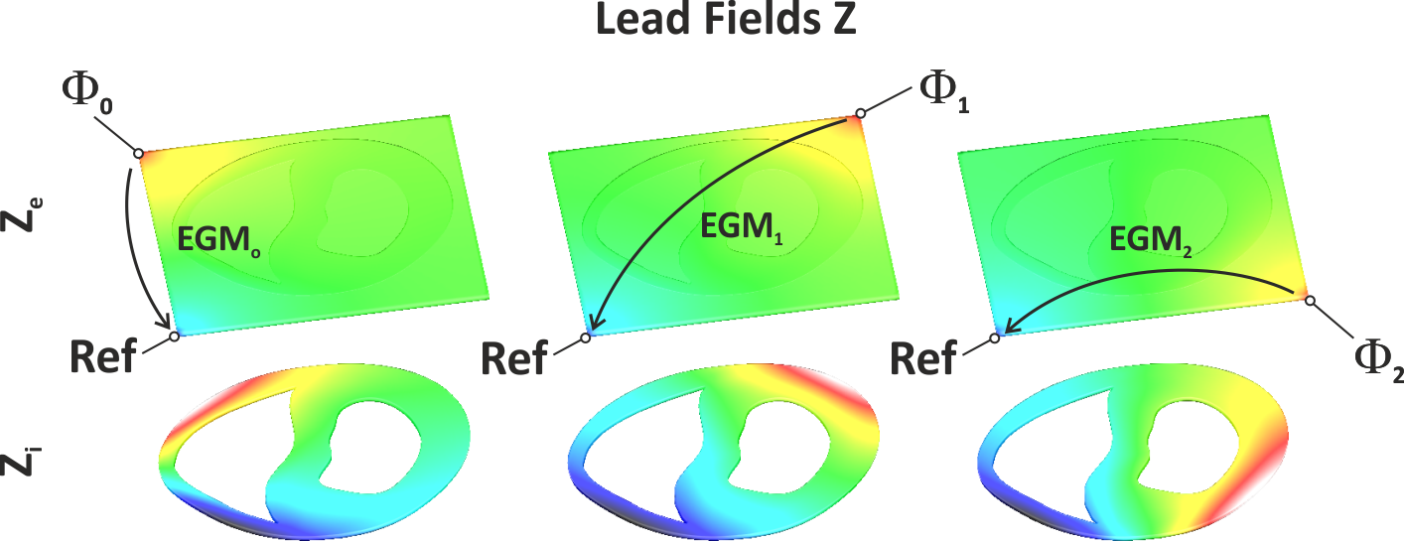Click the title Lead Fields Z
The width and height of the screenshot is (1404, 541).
point(725,23)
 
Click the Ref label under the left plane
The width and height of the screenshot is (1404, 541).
point(102,356)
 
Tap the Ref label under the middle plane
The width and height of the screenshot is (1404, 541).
point(514,357)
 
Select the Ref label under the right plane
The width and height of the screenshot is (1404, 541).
point(923,356)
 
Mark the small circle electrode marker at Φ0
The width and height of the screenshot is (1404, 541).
point(138,153)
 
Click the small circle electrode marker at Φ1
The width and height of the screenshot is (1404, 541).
point(860,114)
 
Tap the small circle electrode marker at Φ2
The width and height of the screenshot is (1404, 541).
point(1309,299)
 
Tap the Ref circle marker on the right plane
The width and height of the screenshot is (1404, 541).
point(994,338)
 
